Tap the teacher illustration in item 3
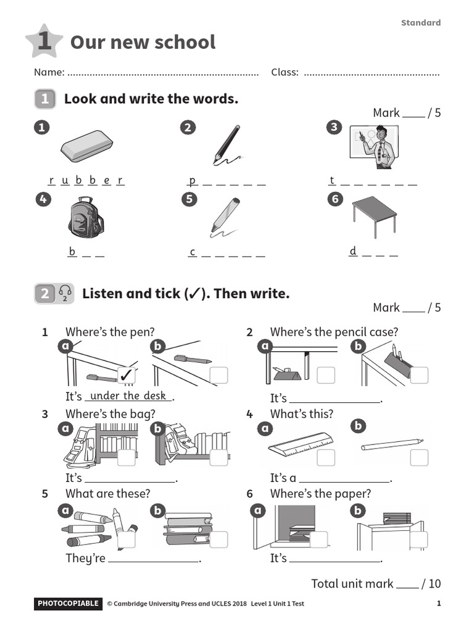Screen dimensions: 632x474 [x=373, y=147]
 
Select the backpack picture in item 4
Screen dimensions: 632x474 [x=85, y=218]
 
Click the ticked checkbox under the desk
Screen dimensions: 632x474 [x=127, y=375]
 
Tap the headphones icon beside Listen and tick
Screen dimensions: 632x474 [x=65, y=294]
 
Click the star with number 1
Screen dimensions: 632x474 [x=44, y=41]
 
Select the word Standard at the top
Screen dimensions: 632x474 [x=420, y=23]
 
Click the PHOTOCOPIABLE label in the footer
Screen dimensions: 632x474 [x=67, y=604]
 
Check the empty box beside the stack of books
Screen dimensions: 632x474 [x=218, y=539]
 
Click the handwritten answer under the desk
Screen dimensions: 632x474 [x=128, y=396]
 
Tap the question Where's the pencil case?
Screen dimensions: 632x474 [x=334, y=332]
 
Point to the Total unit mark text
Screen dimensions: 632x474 [x=352, y=583]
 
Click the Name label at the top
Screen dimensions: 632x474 [x=49, y=72]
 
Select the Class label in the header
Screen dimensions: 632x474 [x=285, y=72]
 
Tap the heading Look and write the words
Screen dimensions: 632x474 [x=151, y=99]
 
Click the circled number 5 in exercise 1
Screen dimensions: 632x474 [x=188, y=199]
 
